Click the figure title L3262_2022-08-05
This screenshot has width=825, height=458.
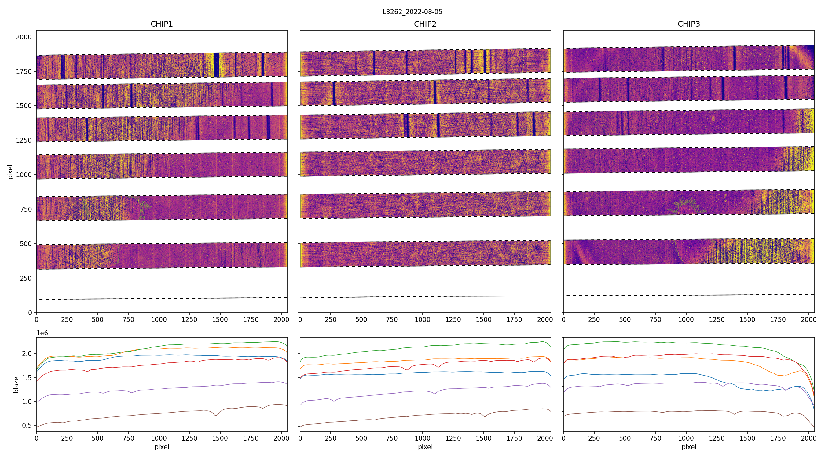click(412, 12)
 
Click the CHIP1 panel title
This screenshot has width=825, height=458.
click(162, 24)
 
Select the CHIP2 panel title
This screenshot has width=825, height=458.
click(425, 24)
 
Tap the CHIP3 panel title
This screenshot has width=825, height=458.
click(688, 24)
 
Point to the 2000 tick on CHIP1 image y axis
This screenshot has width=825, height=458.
click(24, 37)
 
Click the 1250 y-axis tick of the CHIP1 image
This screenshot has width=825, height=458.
click(24, 140)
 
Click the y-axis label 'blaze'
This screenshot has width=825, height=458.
click(16, 384)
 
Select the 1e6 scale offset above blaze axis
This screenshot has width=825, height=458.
click(42, 333)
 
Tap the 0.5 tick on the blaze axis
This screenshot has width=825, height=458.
click(27, 425)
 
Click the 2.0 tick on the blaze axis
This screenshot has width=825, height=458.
click(27, 354)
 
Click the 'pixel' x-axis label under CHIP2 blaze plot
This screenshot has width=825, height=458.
click(425, 447)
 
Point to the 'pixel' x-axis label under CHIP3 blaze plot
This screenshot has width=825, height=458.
click(688, 447)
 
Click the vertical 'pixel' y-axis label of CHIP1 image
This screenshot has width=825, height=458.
click(10, 172)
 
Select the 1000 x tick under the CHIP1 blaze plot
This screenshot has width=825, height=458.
click(159, 438)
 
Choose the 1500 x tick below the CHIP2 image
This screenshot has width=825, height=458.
click(484, 319)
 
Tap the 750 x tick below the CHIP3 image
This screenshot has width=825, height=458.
click(655, 319)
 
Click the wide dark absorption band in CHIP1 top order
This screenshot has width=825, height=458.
click(217, 65)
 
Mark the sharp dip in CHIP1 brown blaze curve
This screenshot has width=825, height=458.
click(216, 415)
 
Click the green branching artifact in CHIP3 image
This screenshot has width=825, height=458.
click(685, 206)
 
